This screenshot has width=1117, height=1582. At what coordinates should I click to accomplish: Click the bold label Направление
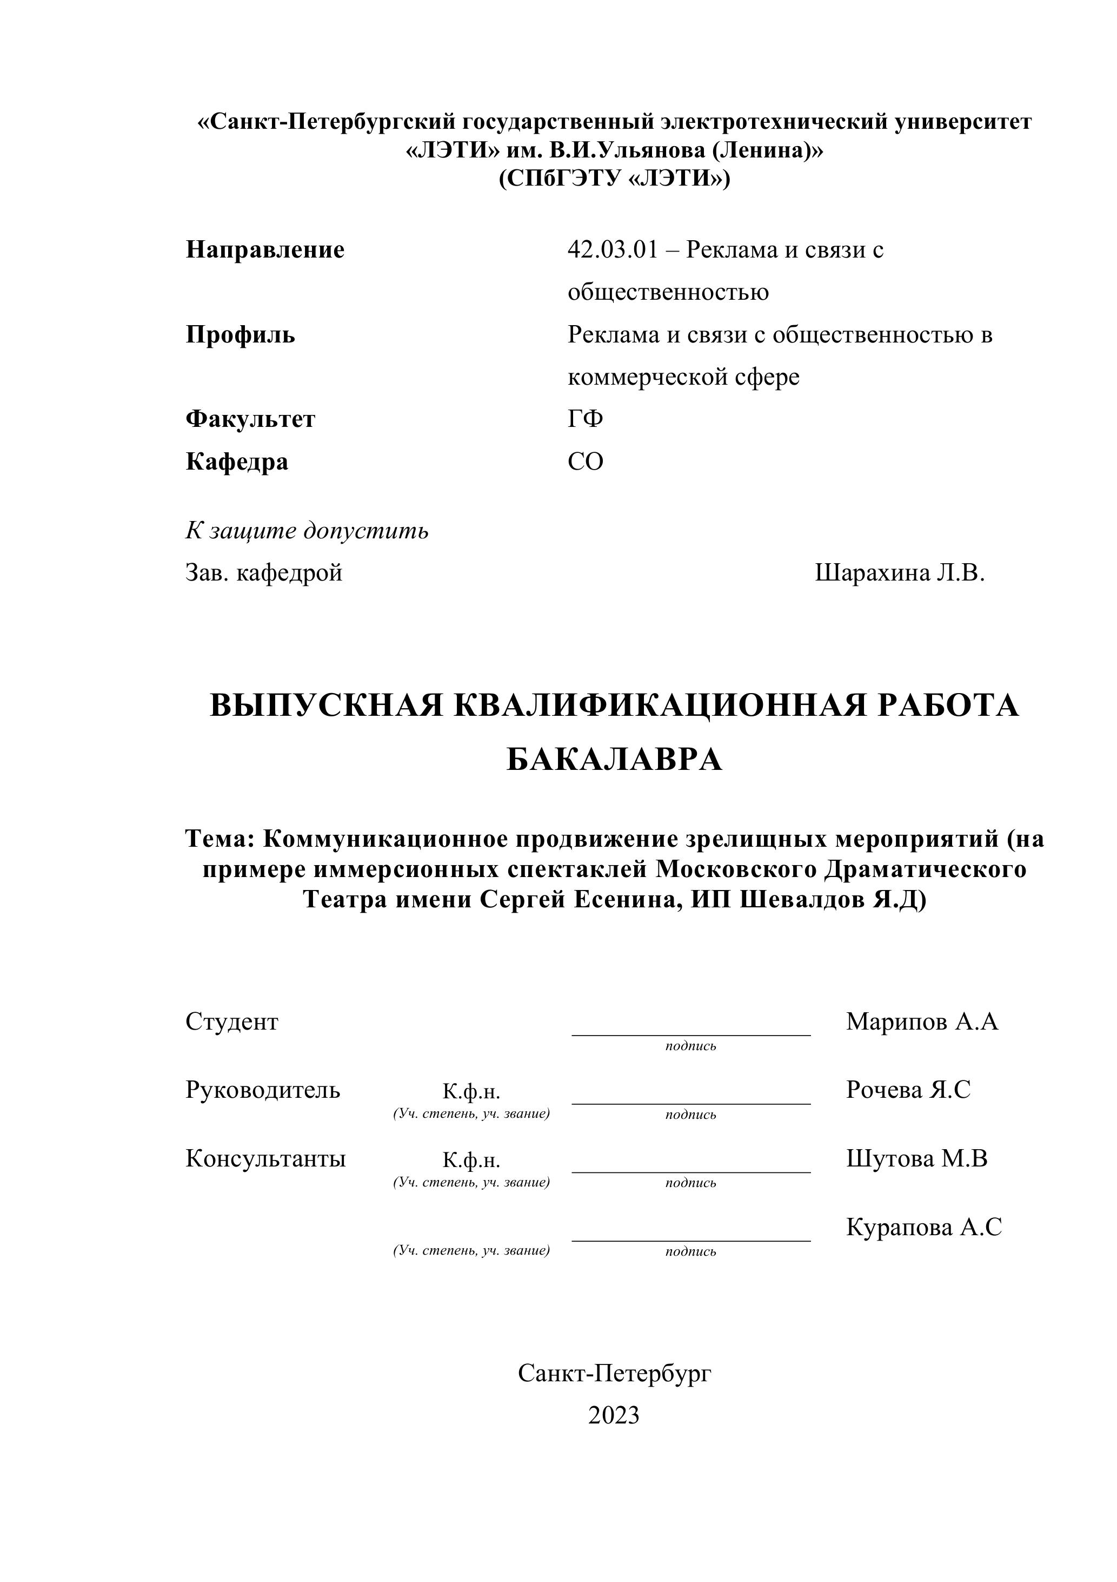click(x=265, y=249)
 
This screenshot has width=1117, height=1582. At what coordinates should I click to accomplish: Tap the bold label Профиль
click(x=241, y=335)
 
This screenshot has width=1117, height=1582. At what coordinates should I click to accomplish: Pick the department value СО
click(x=586, y=462)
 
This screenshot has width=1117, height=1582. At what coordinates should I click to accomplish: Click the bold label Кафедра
click(x=237, y=462)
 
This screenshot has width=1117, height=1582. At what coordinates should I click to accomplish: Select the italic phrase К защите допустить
click(x=307, y=531)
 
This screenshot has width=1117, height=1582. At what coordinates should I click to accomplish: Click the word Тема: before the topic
click(x=221, y=839)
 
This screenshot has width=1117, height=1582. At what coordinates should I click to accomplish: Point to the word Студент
click(x=231, y=1022)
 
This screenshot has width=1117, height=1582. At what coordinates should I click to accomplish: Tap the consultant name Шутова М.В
click(x=916, y=1158)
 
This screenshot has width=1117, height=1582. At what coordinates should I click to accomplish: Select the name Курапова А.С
click(x=923, y=1227)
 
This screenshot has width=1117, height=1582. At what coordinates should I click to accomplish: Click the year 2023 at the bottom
click(x=614, y=1415)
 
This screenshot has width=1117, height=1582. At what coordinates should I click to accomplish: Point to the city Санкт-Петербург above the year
click(x=614, y=1373)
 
